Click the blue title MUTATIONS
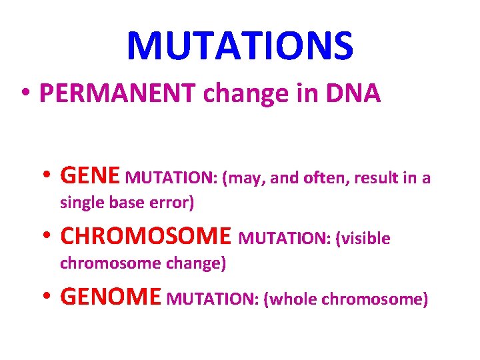click(240, 45)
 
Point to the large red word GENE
click(90, 177)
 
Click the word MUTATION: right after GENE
click(171, 179)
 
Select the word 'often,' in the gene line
click(327, 179)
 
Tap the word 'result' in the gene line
click(377, 179)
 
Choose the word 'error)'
click(170, 203)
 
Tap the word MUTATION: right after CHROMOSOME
click(284, 239)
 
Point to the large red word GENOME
click(111, 297)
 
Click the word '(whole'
click(291, 299)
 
